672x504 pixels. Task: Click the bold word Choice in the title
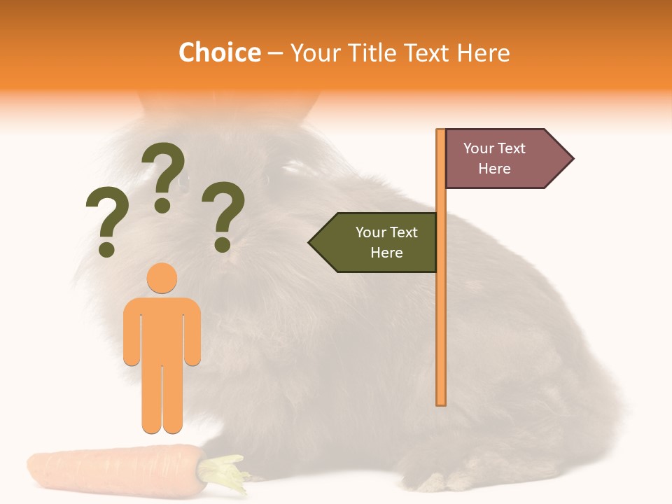point(219,53)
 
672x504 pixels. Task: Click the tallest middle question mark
point(164,175)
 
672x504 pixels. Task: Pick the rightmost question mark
point(224,216)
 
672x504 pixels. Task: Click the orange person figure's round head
point(162,278)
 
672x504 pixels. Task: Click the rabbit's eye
point(183,183)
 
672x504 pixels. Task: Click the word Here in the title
point(483,53)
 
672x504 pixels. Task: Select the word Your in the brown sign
point(479,148)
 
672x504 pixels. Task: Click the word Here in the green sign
point(386,253)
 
